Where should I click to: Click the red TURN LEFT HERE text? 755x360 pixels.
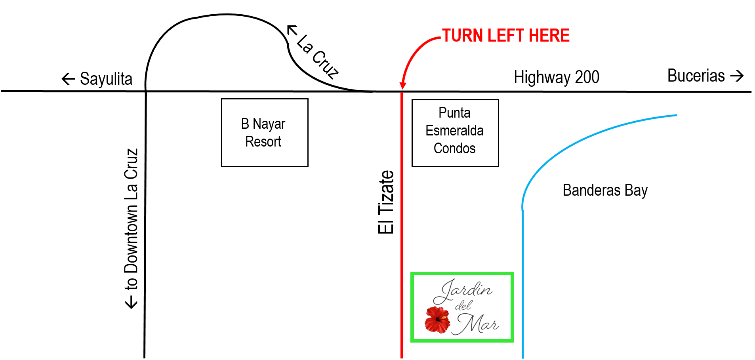point(505,36)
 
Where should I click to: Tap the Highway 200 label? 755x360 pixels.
point(557,77)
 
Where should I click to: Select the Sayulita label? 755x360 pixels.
point(106,79)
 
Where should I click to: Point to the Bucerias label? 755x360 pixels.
point(696,76)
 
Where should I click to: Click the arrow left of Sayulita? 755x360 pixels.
point(68,79)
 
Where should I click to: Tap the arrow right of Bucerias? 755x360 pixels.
point(737,76)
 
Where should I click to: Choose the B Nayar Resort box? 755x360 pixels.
point(265,133)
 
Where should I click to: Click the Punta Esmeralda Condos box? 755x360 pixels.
point(455,133)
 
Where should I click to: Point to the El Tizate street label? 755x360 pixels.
point(386,202)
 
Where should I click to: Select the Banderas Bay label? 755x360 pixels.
point(605,190)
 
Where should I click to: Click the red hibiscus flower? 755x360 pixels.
point(438,320)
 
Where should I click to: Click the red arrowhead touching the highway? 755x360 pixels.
point(402,85)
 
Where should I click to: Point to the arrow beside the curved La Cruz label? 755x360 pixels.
point(292,30)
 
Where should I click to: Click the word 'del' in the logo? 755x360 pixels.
point(463,306)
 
